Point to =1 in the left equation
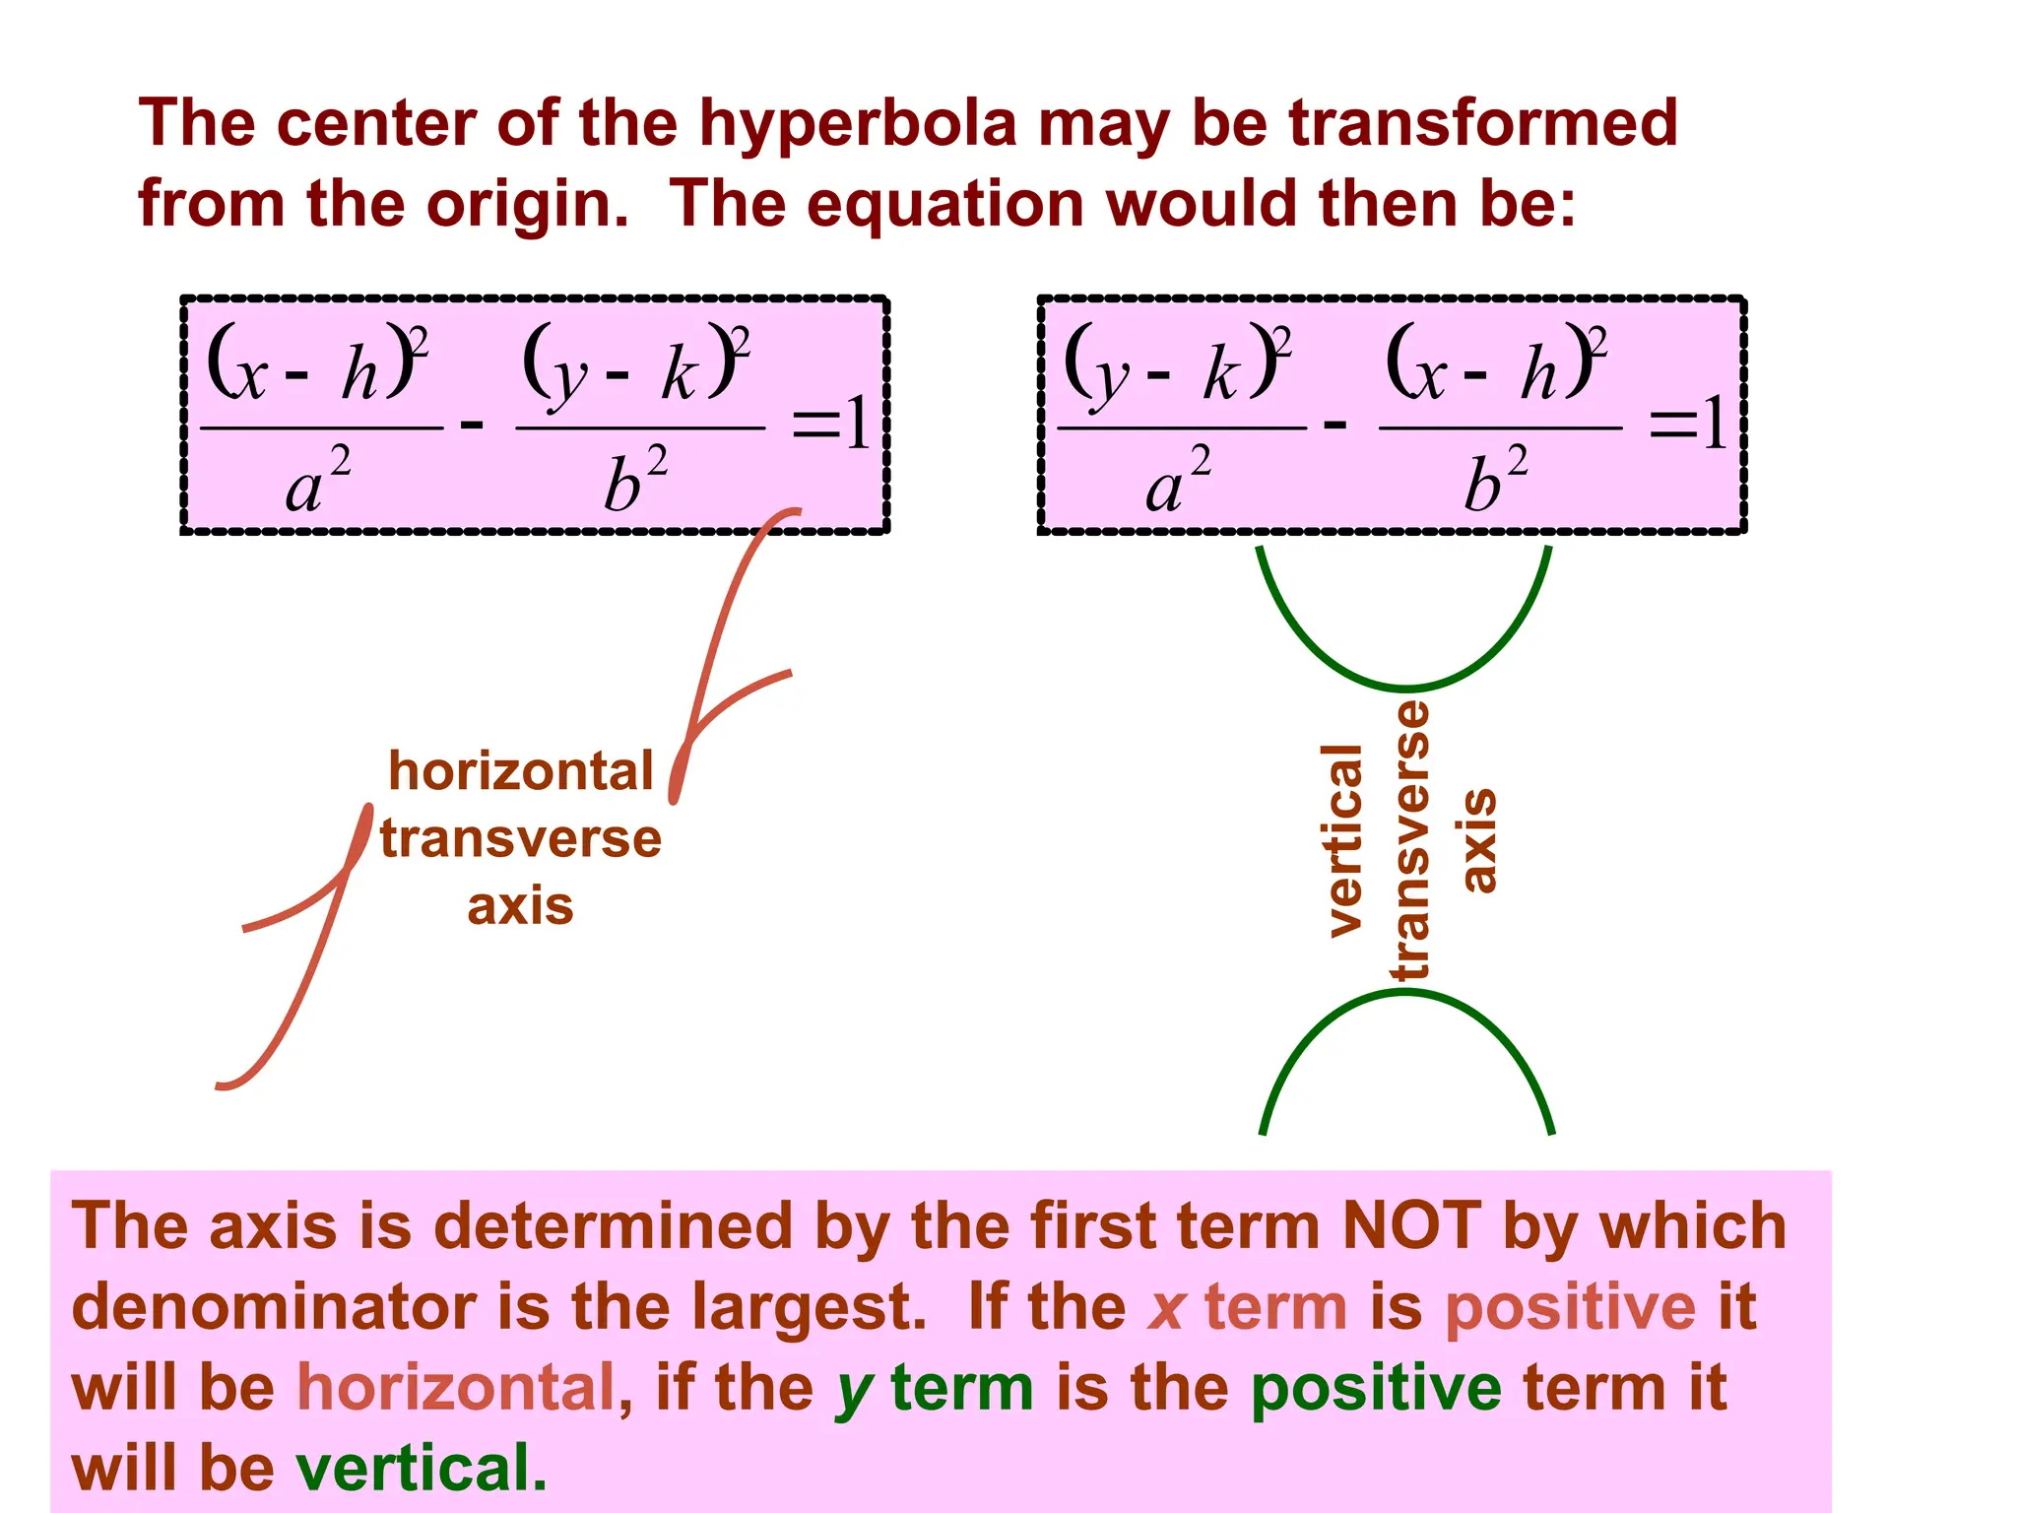(830, 424)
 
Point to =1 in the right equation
(1687, 424)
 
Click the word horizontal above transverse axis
(521, 771)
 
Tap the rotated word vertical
(1343, 840)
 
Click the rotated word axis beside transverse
(1477, 840)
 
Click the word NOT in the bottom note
(1410, 1227)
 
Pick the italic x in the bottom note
(1166, 1308)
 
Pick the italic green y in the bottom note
(853, 1389)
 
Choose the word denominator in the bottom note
(274, 1308)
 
